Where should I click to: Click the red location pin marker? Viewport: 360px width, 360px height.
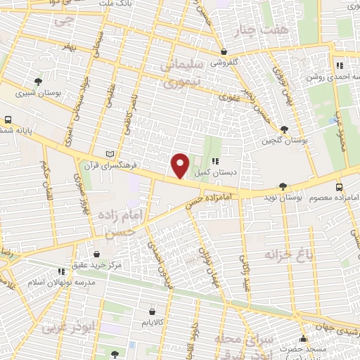(x=181, y=165)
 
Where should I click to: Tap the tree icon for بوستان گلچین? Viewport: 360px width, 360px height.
(x=283, y=130)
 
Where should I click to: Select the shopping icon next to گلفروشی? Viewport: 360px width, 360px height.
(x=224, y=51)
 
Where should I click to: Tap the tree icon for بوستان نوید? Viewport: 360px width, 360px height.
(x=283, y=187)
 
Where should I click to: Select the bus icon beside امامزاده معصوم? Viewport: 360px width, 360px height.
(x=340, y=187)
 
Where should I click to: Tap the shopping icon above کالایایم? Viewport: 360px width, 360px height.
(x=153, y=311)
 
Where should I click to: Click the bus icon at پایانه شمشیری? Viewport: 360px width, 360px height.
(x=8, y=120)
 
